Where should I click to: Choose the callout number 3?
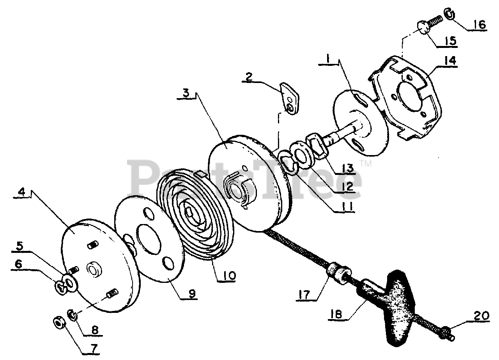188,94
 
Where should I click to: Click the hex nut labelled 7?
60,322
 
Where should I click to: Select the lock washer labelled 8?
73,314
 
